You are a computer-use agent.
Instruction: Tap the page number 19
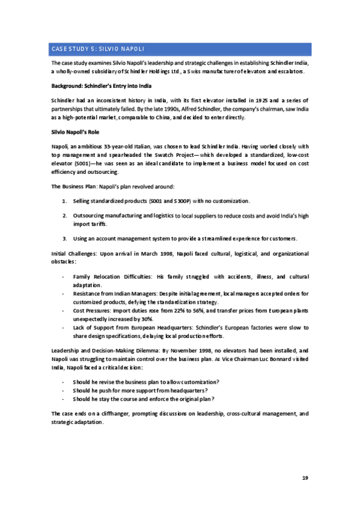[305, 478]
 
